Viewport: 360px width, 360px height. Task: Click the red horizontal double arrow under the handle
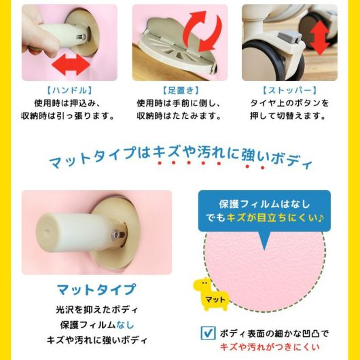[x=71, y=65]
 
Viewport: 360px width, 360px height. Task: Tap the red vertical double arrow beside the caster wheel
[x=320, y=37]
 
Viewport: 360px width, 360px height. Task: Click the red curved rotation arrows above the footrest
[x=202, y=31]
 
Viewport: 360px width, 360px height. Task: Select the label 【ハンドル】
[x=69, y=90]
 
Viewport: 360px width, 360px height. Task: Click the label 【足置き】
[x=181, y=90]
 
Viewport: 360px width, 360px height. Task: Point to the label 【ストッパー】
[x=289, y=90]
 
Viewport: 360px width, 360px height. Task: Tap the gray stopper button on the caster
[x=290, y=37]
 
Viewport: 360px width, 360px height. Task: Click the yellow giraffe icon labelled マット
[x=210, y=293]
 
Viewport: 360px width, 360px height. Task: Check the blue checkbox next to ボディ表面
[x=208, y=333]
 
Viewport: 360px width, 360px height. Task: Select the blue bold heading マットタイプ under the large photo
[x=96, y=289]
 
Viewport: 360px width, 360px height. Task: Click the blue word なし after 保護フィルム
[x=125, y=325]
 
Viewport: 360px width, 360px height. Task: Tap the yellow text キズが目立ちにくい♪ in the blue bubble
[x=275, y=217]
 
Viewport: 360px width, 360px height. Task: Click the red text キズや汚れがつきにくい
[x=270, y=346]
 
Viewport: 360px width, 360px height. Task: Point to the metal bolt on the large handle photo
[x=118, y=234]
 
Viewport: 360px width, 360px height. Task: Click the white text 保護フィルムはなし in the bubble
[x=264, y=204]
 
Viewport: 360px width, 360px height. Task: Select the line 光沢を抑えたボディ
[x=96, y=310]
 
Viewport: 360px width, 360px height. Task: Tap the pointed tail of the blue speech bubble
[x=264, y=249]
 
